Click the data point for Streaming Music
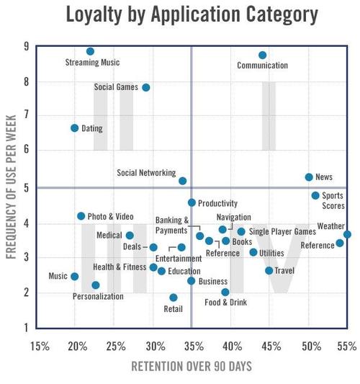click(90, 51)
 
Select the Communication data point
click(263, 55)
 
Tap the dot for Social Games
click(146, 87)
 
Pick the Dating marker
click(74, 128)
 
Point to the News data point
click(309, 177)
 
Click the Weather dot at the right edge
click(347, 234)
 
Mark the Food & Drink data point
click(225, 292)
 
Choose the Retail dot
click(174, 297)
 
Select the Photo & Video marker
click(81, 215)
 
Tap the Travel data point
click(269, 270)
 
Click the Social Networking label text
click(146, 173)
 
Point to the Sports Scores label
click(332, 200)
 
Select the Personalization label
click(98, 296)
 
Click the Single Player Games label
click(282, 232)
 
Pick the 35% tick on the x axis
click(192, 346)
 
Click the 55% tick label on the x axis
click(346, 346)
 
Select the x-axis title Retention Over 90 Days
click(192, 367)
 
